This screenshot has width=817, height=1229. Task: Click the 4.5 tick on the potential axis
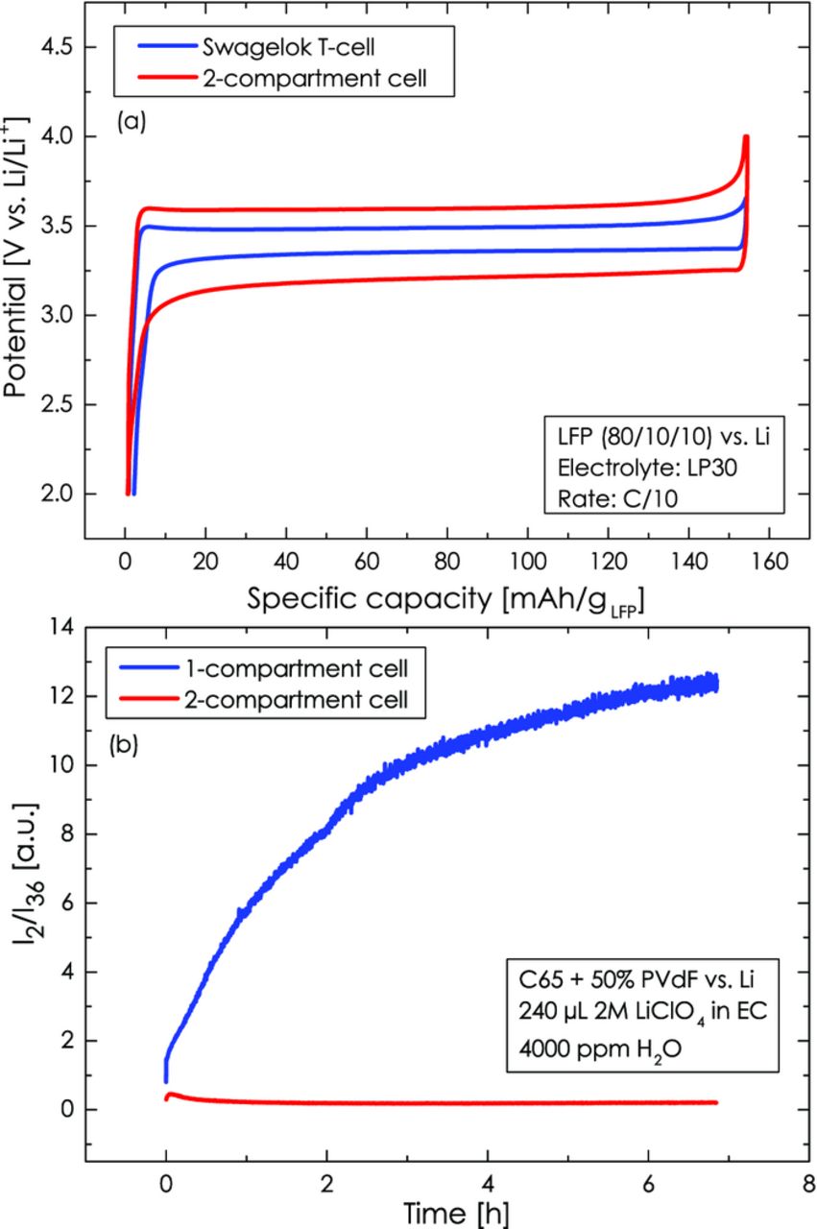pyautogui.click(x=60, y=48)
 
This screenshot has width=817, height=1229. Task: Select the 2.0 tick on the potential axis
pyautogui.click(x=60, y=494)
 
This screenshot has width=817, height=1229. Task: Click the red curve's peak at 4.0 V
pyautogui.click(x=746, y=136)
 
